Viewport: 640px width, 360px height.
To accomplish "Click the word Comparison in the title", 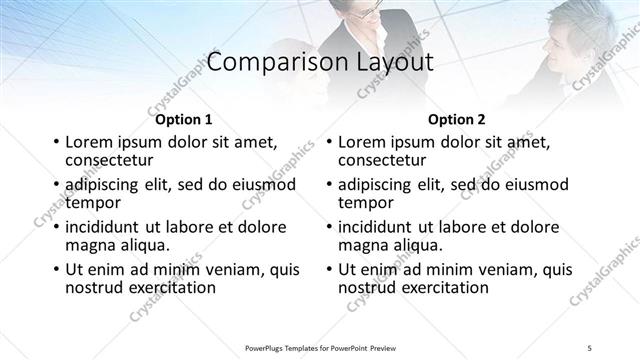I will pos(267,62).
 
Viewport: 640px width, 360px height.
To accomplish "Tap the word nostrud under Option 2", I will pos(369,287).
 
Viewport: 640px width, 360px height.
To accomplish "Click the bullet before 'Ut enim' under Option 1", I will pos(56,270).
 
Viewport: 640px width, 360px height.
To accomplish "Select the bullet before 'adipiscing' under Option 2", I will pos(329,185).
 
